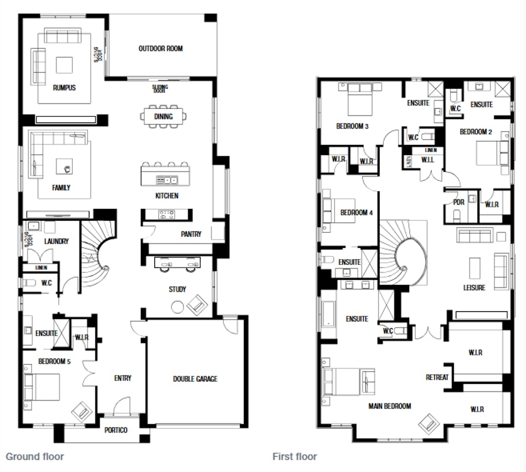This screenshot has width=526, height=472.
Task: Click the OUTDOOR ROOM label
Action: pyautogui.click(x=160, y=49)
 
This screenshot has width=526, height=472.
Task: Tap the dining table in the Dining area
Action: pyautogui.click(x=164, y=116)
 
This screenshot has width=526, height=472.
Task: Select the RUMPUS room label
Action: pyautogui.click(x=64, y=88)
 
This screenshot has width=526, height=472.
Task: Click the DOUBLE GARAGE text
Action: pyautogui.click(x=195, y=379)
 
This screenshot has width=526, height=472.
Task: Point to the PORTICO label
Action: pyautogui.click(x=115, y=430)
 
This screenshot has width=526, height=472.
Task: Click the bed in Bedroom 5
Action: pyautogui.click(x=42, y=387)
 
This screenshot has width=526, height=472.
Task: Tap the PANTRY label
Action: pyautogui.click(x=191, y=234)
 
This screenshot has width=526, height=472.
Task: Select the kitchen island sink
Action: pyautogui.click(x=167, y=180)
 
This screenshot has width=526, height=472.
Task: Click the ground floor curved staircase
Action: pyautogui.click(x=98, y=257)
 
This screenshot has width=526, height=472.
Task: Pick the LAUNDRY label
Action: pyautogui.click(x=57, y=241)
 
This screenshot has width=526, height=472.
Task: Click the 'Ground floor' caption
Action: pyautogui.click(x=35, y=456)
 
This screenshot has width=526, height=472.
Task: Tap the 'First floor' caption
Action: pyautogui.click(x=294, y=456)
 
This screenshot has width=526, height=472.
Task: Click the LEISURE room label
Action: pyautogui.click(x=474, y=287)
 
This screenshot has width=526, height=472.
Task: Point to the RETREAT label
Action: pyautogui.click(x=437, y=377)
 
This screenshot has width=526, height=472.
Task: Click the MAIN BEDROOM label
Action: pyautogui.click(x=389, y=406)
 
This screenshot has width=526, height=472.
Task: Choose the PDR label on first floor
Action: pyautogui.click(x=458, y=202)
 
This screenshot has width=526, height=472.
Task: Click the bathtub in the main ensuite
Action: pyautogui.click(x=328, y=320)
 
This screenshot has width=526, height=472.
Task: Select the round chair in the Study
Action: pyautogui.click(x=178, y=307)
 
